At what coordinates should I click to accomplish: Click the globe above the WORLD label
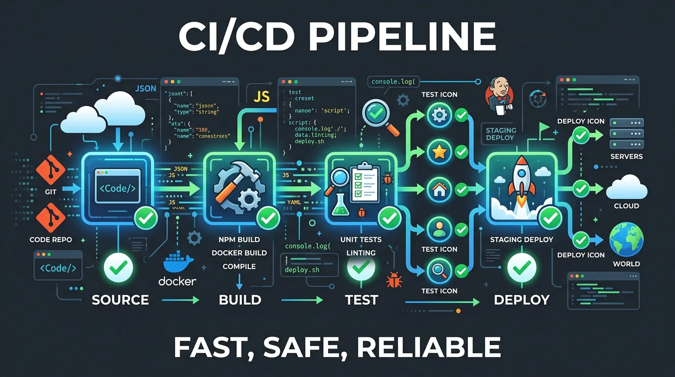pyautogui.click(x=626, y=240)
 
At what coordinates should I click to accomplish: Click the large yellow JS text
pyautogui.click(x=261, y=96)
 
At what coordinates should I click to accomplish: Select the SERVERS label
pyautogui.click(x=626, y=157)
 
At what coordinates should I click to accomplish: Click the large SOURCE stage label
pyautogui.click(x=120, y=299)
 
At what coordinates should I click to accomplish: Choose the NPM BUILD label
pyautogui.click(x=239, y=240)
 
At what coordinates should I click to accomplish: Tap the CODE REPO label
pyautogui.click(x=51, y=240)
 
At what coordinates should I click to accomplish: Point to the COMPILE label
pyautogui.click(x=239, y=266)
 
